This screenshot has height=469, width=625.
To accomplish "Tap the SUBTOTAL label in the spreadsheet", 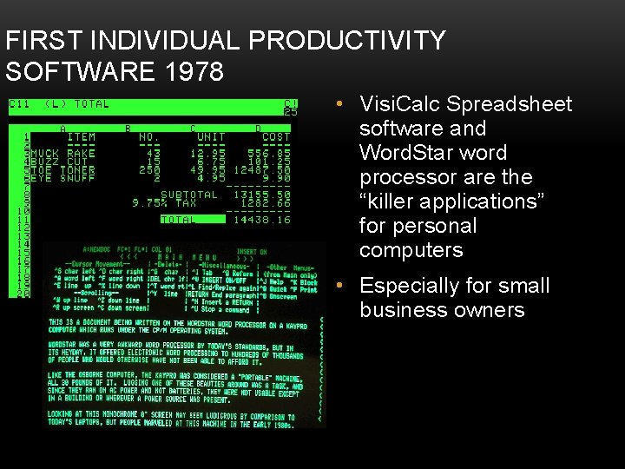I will click(189, 195).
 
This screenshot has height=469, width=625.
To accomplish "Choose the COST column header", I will click(275, 137).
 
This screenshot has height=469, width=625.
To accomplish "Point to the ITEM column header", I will click(82, 137).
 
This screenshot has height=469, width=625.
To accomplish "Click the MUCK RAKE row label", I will click(64, 153).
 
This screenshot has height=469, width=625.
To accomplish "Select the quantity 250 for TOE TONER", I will click(149, 169).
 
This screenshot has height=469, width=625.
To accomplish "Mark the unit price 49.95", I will click(207, 169).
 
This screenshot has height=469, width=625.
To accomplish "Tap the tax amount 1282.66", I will click(260, 203).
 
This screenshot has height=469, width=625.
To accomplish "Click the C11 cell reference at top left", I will click(19, 104).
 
